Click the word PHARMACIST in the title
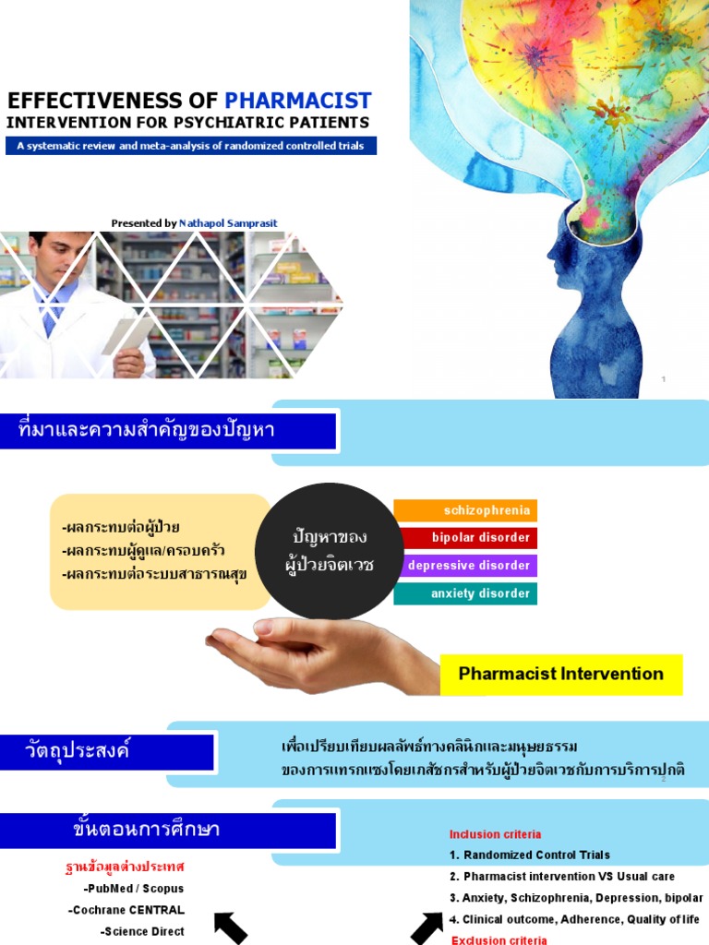298,101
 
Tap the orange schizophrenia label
465,510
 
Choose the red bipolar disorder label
465,538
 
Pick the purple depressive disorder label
465,566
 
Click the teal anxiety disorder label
465,593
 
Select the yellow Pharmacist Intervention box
560,674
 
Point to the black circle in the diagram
329,550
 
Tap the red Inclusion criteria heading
495,834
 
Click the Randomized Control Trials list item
536,855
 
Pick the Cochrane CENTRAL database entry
126,910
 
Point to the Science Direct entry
142,932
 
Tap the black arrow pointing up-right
427,927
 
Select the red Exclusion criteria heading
499,939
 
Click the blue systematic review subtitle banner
191,146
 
